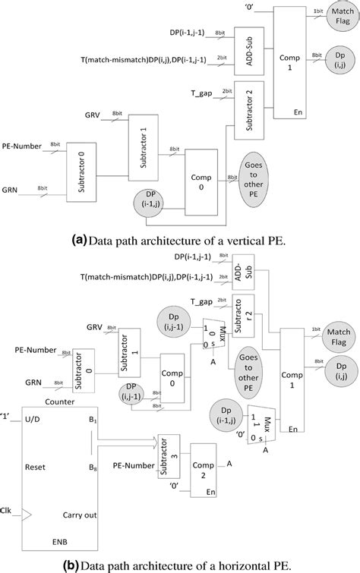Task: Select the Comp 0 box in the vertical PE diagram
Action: click(x=206, y=184)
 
